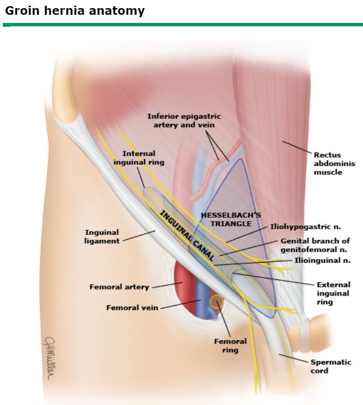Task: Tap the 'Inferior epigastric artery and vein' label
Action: (184, 120)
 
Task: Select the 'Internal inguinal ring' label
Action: (139, 158)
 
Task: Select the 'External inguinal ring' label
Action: (333, 293)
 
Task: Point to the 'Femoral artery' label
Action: (119, 287)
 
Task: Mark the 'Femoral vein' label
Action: (132, 308)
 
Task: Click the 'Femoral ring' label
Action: (230, 345)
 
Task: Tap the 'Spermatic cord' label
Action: (331, 366)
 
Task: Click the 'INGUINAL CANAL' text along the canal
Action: (187, 236)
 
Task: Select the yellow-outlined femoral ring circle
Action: (217, 302)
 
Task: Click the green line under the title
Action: (181, 24)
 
